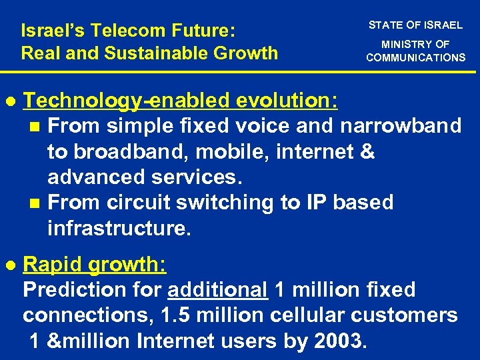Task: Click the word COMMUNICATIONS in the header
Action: coord(415,57)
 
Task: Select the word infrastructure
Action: coord(119,229)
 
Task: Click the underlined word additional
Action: coord(218,290)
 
